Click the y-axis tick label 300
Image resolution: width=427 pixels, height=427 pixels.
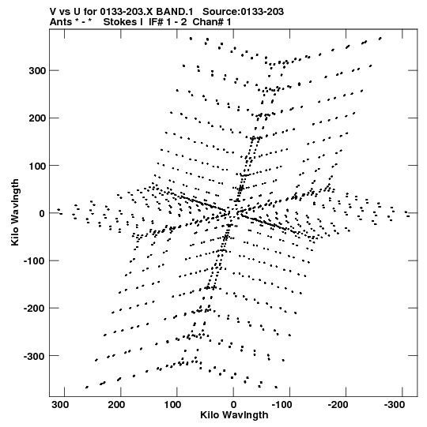point(37,71)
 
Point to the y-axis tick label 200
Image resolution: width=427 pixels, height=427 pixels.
point(37,118)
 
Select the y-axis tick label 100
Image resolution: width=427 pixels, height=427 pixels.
point(37,166)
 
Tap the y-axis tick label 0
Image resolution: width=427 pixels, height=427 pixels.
point(42,213)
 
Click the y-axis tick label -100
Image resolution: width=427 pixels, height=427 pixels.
point(35,261)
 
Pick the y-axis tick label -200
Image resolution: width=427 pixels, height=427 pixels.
point(35,309)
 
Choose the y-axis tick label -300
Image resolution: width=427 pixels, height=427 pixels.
point(35,356)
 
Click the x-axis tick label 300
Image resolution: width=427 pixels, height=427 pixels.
point(60,405)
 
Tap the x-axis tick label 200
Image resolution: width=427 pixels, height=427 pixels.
point(117,405)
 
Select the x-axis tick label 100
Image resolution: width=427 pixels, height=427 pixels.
point(173,405)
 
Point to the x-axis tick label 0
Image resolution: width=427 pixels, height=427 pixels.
point(233,405)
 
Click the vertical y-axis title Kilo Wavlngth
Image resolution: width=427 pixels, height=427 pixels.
point(16,212)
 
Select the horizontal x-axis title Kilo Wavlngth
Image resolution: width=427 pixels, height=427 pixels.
point(234,415)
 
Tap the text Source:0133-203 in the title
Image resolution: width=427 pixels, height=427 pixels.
point(243,12)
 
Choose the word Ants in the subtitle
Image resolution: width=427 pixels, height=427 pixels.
point(61,22)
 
